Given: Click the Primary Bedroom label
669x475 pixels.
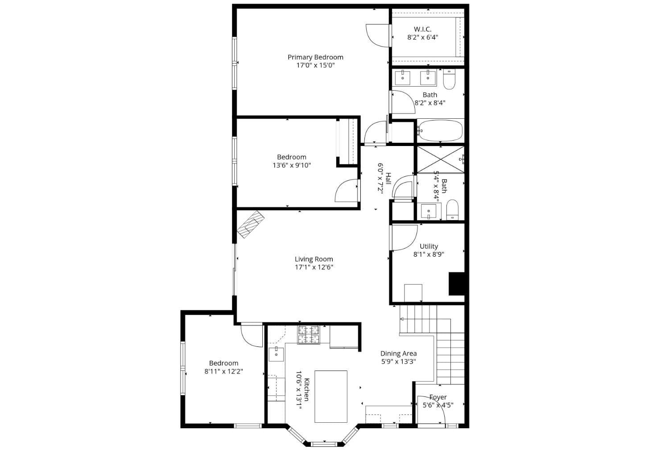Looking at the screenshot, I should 315,57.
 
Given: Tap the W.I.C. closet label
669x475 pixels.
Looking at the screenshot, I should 422,29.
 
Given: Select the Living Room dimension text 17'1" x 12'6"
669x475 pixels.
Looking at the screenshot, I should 314,267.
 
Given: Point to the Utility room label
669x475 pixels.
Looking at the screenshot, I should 429,246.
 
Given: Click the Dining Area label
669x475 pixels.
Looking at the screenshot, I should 398,354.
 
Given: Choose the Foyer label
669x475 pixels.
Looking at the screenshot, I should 438,397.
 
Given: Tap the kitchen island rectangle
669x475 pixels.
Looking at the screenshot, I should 331,396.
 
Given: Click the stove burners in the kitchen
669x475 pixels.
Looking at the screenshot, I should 309,335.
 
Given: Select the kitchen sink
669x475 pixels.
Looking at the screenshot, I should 277,354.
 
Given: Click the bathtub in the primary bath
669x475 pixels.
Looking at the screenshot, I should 441,131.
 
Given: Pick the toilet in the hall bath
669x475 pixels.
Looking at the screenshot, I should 452,210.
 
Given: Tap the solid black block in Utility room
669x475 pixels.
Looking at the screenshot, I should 457,284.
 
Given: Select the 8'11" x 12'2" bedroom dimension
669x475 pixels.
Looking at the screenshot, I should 224,371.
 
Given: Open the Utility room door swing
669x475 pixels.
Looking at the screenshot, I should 404,237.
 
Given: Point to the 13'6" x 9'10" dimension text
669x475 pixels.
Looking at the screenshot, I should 292,165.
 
